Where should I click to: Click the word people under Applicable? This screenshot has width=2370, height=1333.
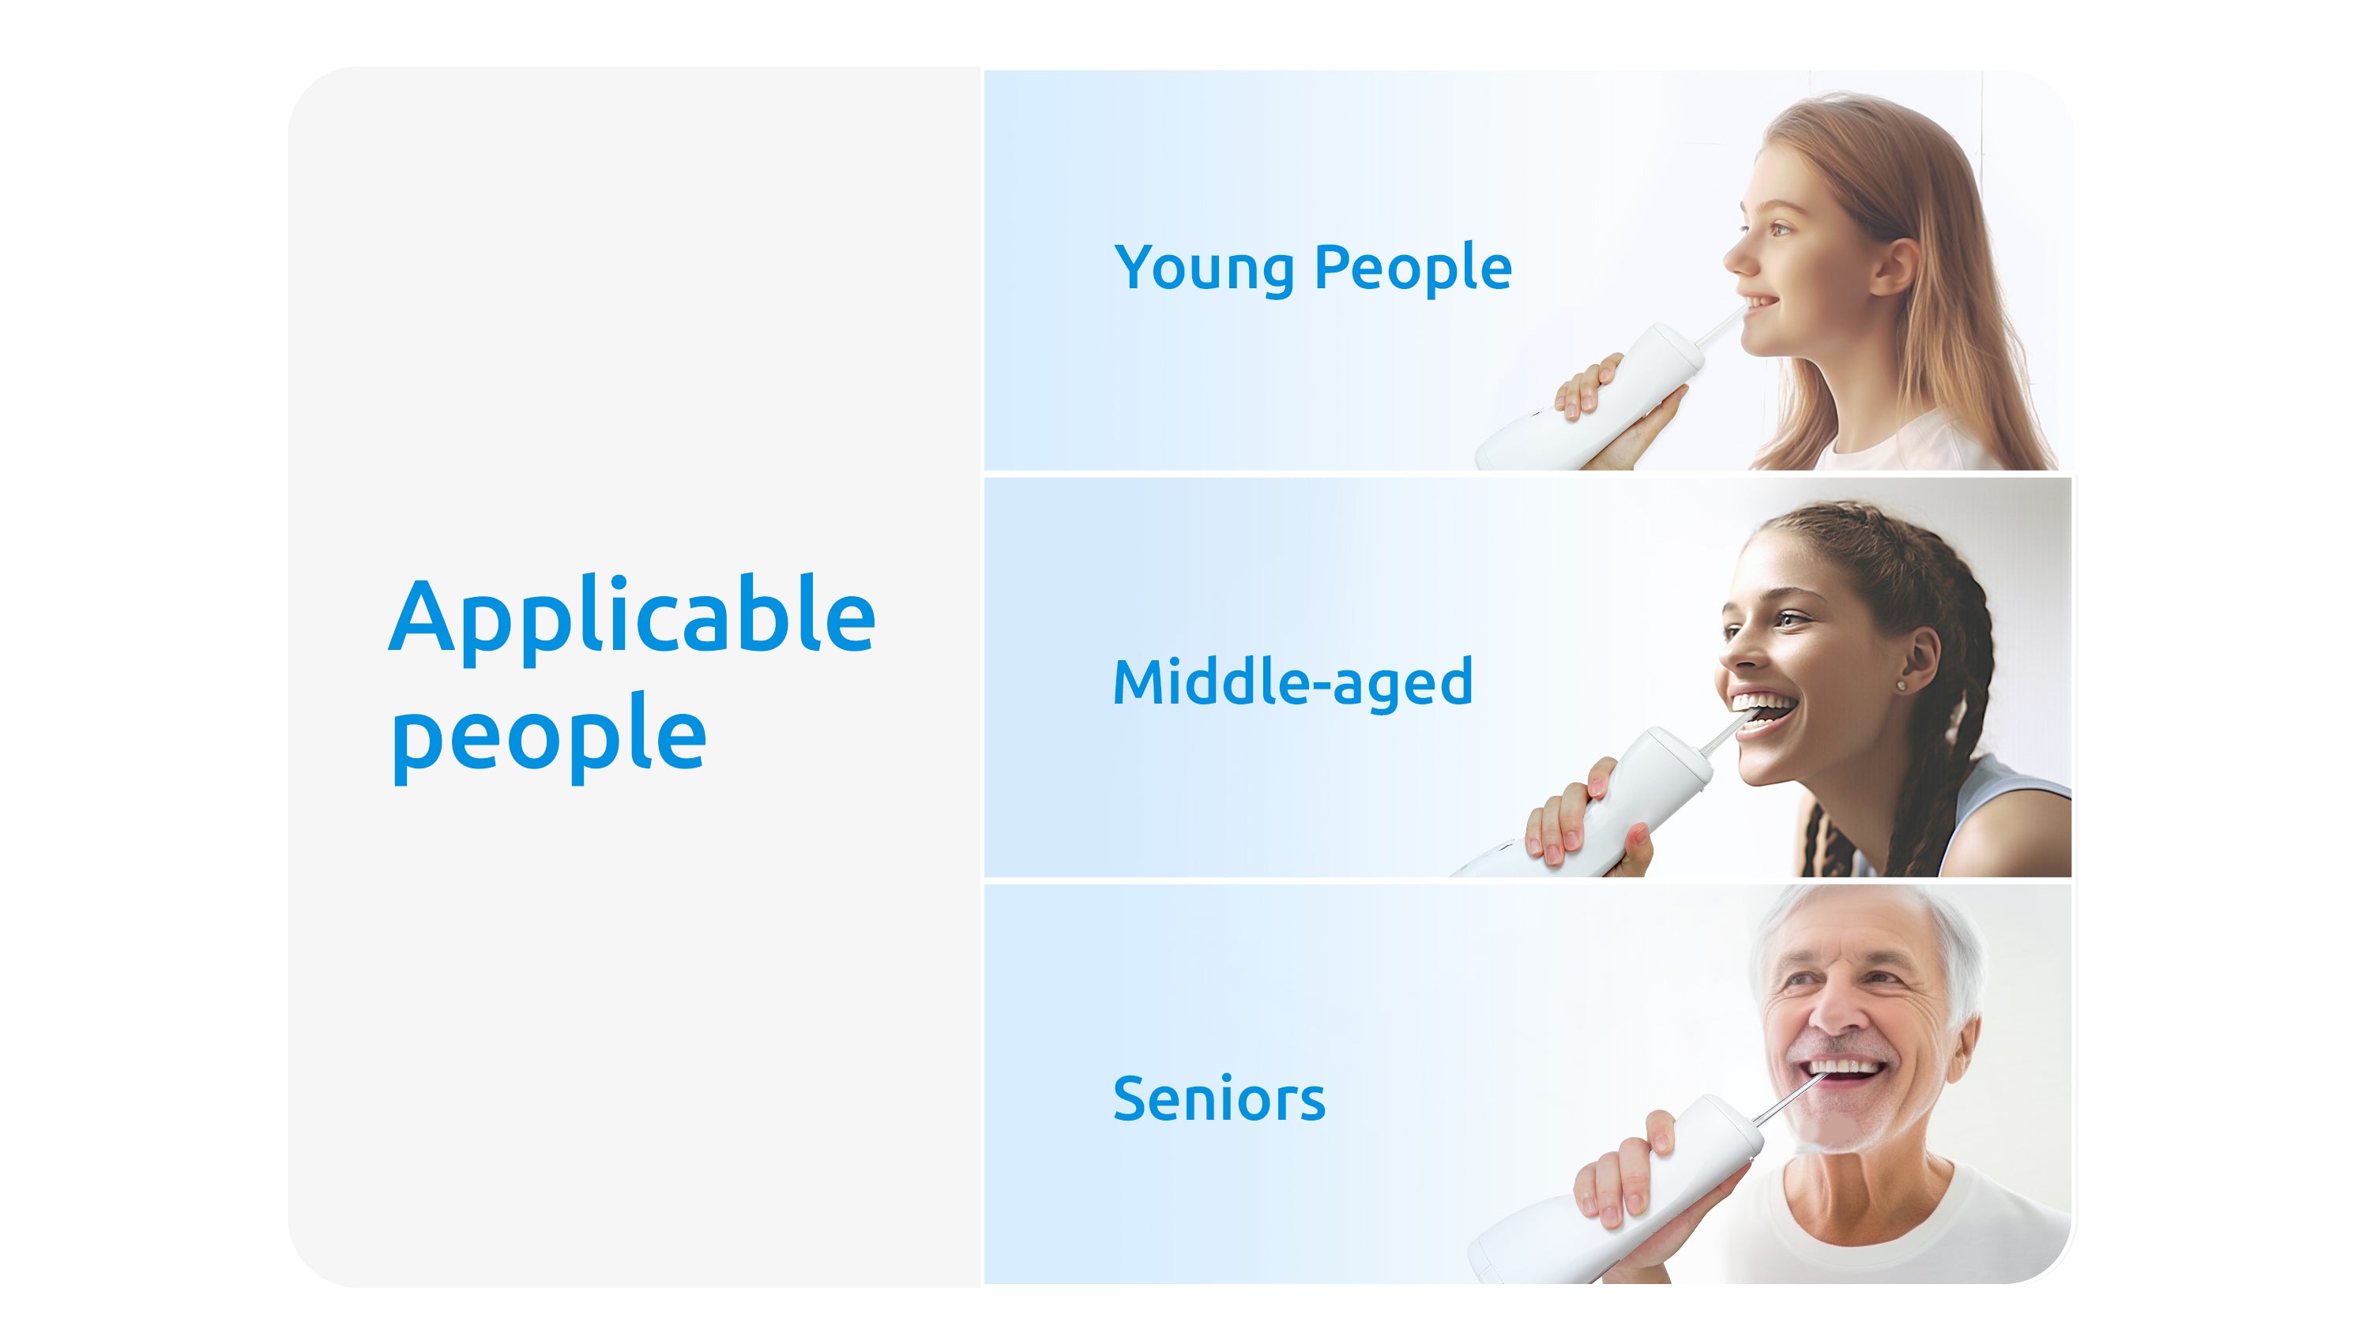tap(549, 737)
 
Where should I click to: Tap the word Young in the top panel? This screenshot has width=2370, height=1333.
tap(1206, 269)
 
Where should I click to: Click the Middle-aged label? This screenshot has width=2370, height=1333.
tap(1292, 684)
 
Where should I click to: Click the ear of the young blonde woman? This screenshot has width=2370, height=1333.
tap(1895, 266)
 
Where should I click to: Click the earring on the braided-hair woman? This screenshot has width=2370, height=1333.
tap(1902, 685)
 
